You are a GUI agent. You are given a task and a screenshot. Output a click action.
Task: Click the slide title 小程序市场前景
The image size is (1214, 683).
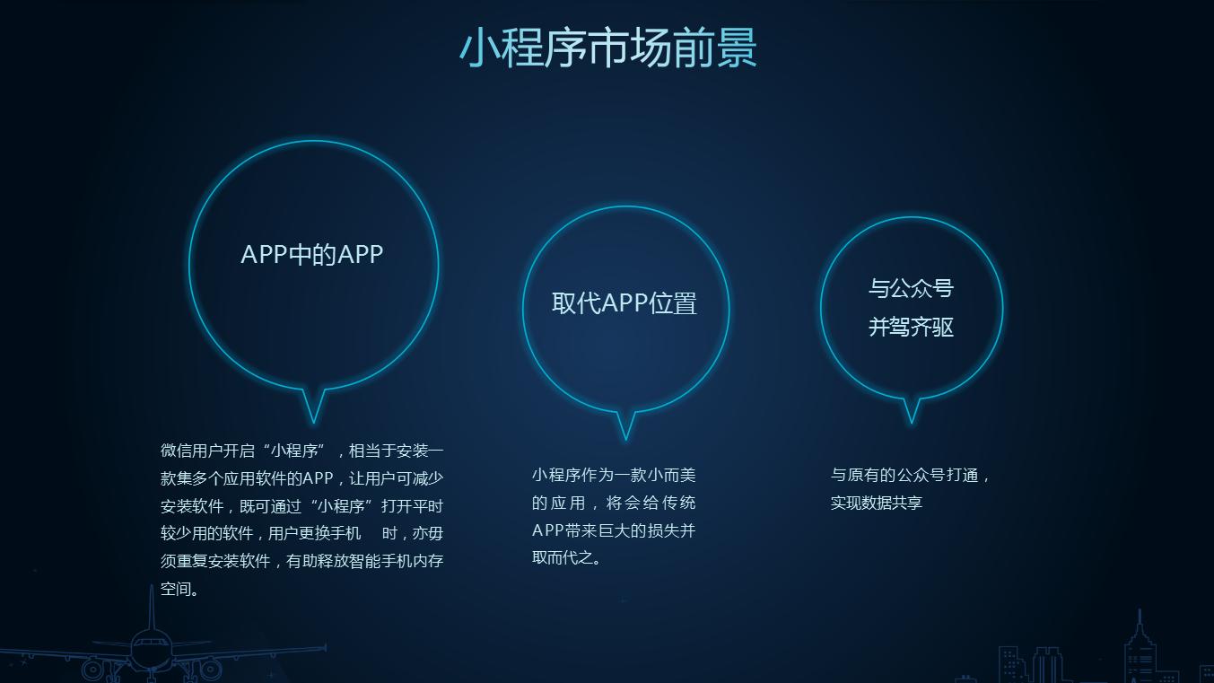tap(607, 48)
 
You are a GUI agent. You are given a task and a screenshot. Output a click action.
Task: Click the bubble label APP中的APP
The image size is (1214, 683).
tap(312, 255)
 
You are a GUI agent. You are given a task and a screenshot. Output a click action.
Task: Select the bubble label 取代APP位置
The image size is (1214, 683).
tap(624, 303)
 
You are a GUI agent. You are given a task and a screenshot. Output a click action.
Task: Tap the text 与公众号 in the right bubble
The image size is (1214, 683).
tap(911, 288)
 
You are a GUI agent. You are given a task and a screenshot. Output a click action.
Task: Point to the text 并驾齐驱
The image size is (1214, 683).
tap(911, 328)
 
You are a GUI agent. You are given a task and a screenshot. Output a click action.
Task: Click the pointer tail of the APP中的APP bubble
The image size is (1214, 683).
tap(313, 408)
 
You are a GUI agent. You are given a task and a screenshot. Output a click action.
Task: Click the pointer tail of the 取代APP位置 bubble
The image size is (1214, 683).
tap(625, 426)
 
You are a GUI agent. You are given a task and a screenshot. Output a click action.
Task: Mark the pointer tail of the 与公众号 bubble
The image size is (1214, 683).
tap(911, 412)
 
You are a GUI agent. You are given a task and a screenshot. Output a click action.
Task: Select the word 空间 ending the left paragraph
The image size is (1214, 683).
tap(176, 590)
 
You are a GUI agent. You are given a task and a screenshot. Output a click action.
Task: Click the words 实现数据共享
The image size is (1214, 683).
tap(876, 503)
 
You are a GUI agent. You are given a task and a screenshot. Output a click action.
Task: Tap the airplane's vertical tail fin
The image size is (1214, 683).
tap(152, 609)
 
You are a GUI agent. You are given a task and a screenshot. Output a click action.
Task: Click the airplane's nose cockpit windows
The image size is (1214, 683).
tap(150, 644)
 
